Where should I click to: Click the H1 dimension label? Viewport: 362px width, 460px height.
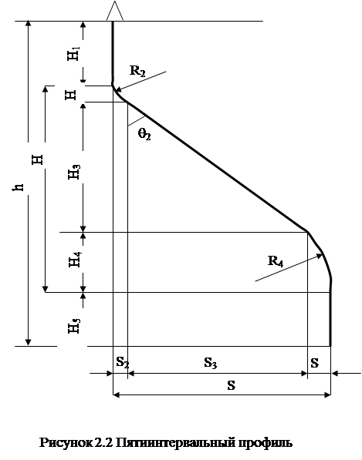pyautogui.click(x=73, y=53)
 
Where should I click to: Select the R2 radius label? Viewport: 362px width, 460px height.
pyautogui.click(x=137, y=71)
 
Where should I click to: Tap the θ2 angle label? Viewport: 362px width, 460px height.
pyautogui.click(x=144, y=134)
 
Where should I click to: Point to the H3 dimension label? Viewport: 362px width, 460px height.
pyautogui.click(x=74, y=172)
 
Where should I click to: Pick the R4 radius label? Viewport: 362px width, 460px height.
pyautogui.click(x=276, y=260)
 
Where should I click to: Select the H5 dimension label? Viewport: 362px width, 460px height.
pyautogui.click(x=74, y=326)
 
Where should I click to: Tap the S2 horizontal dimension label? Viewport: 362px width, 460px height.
pyautogui.click(x=123, y=362)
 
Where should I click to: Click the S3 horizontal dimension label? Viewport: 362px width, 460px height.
pyautogui.click(x=211, y=363)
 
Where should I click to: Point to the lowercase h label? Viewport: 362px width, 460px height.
pyautogui.click(x=18, y=188)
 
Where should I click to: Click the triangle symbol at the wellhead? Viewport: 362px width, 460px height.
pyautogui.click(x=115, y=11)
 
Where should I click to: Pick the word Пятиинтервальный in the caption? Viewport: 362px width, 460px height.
pyautogui.click(x=175, y=443)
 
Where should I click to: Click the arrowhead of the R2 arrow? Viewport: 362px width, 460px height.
pyautogui.click(x=117, y=90)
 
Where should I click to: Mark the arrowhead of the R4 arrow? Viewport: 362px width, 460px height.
pyautogui.click(x=319, y=256)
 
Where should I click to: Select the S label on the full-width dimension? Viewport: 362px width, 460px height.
pyautogui.click(x=232, y=385)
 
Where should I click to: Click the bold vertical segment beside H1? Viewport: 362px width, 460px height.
pyautogui.click(x=113, y=53)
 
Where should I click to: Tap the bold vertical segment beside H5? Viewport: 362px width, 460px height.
pyautogui.click(x=330, y=314)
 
